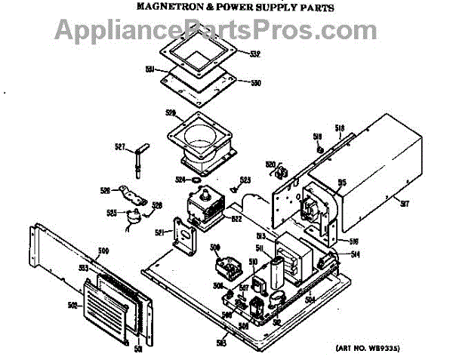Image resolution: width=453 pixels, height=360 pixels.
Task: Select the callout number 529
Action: tap(170, 112)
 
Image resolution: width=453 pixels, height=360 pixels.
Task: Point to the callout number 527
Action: tap(119, 146)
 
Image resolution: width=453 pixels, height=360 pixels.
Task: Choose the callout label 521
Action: tap(160, 232)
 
